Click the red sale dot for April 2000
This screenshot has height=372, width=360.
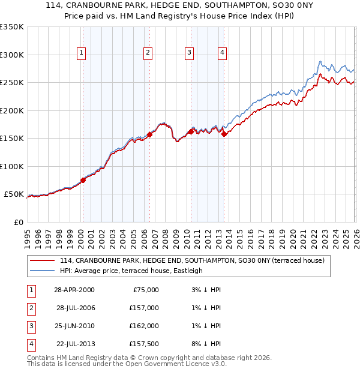[83, 180]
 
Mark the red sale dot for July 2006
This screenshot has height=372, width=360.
[149, 134]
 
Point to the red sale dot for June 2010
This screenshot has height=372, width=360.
[191, 131]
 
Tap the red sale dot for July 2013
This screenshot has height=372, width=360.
[224, 134]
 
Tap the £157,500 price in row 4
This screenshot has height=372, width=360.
[144, 344]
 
